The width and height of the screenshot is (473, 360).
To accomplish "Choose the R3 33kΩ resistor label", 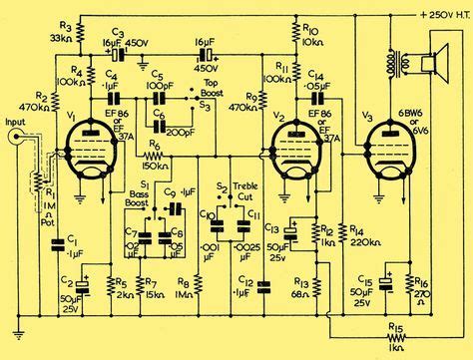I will click(65, 30).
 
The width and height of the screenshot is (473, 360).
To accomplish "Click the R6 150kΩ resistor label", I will click(156, 152).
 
